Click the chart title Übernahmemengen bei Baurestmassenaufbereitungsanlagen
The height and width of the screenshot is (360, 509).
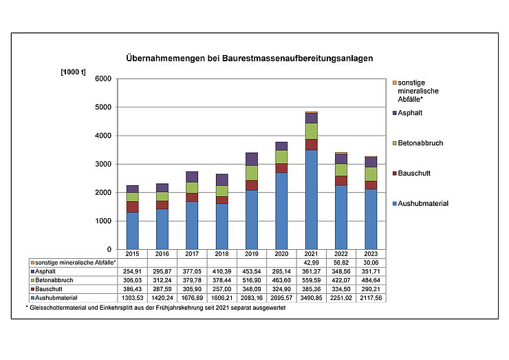pos(250,59)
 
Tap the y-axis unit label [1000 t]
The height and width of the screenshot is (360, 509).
pos(74,72)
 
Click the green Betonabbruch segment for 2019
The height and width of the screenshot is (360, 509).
pos(252,173)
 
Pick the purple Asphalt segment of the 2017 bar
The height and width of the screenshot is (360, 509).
pos(192,177)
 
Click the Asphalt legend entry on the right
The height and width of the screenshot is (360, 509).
pos(411,113)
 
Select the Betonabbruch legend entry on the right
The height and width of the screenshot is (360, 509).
pos(420,143)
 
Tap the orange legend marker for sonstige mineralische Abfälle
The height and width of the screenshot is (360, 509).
pos(393,81)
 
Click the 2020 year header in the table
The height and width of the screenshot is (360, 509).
pos(281,255)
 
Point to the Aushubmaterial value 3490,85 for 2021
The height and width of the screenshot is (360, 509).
pos(312,298)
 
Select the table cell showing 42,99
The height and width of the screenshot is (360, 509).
pos(312,263)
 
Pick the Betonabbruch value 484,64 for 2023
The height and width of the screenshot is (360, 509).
pos(371,281)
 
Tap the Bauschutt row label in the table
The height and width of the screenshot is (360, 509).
pos(50,289)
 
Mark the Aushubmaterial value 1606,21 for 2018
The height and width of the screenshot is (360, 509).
pos(221,298)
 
